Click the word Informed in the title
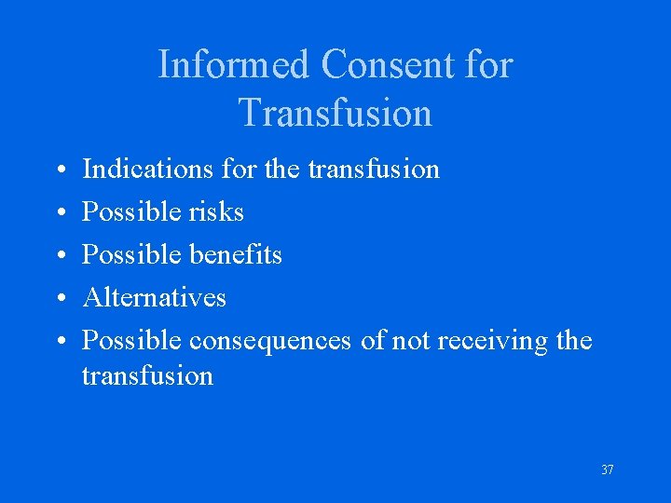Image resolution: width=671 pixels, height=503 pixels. coord(234,65)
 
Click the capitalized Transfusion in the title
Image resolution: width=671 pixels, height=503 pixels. coord(335,113)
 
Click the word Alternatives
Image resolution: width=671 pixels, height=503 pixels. coord(154,298)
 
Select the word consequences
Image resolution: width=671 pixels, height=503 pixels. coord(269,341)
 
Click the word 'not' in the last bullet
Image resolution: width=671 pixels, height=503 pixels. coord(410,341)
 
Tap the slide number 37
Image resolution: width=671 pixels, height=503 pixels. coord(607,470)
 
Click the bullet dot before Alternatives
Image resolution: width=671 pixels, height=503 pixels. coord(59,299)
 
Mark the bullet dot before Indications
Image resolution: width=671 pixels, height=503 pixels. coord(59,170)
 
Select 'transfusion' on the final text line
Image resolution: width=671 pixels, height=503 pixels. coord(147,376)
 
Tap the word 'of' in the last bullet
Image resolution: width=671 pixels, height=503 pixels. coord(373,341)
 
